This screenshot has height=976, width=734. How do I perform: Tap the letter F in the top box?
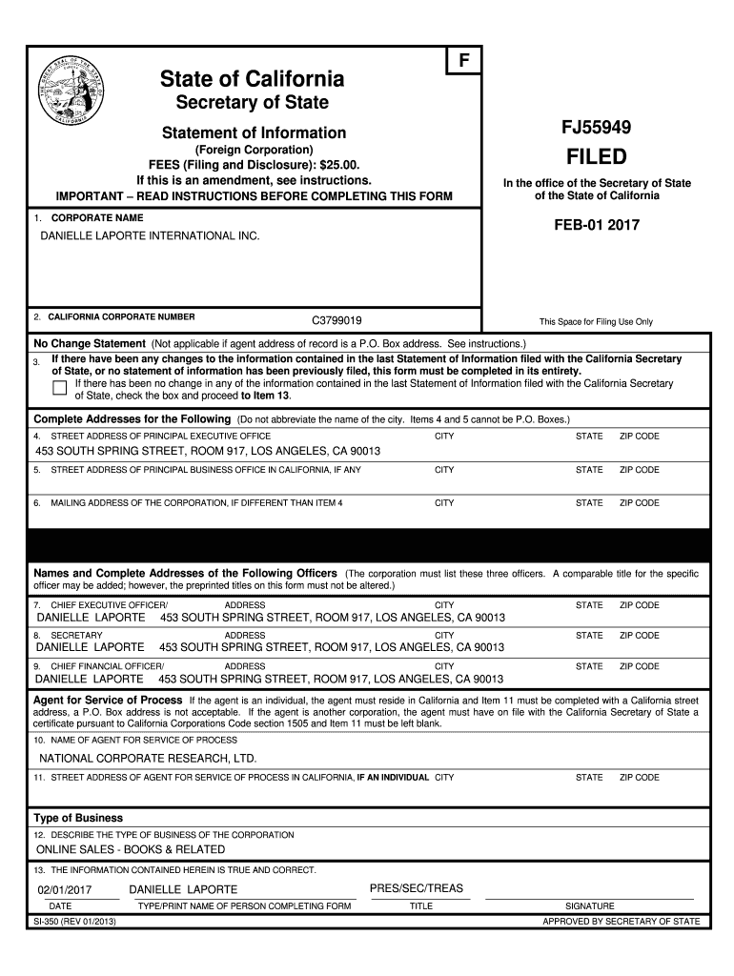pyautogui.click(x=464, y=61)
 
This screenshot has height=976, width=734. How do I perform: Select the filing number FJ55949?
pyautogui.click(x=598, y=126)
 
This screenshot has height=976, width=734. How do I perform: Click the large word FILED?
pyautogui.click(x=597, y=156)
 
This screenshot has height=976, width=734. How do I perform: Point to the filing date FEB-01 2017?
pyautogui.click(x=597, y=226)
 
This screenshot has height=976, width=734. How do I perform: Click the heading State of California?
pyautogui.click(x=253, y=78)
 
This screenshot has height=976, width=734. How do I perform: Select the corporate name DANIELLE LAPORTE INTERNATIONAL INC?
pyautogui.click(x=150, y=235)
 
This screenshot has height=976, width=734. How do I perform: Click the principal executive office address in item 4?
pyautogui.click(x=208, y=451)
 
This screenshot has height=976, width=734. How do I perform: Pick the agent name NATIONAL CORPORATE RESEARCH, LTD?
pyautogui.click(x=148, y=759)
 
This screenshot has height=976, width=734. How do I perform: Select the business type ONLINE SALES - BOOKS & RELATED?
pyautogui.click(x=131, y=849)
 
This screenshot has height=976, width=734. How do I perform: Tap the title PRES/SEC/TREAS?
pyautogui.click(x=416, y=888)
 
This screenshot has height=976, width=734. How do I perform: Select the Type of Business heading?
pyautogui.click(x=78, y=818)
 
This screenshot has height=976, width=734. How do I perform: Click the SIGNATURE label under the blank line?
pyautogui.click(x=589, y=906)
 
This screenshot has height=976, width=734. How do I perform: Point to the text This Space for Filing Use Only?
pyautogui.click(x=596, y=322)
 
